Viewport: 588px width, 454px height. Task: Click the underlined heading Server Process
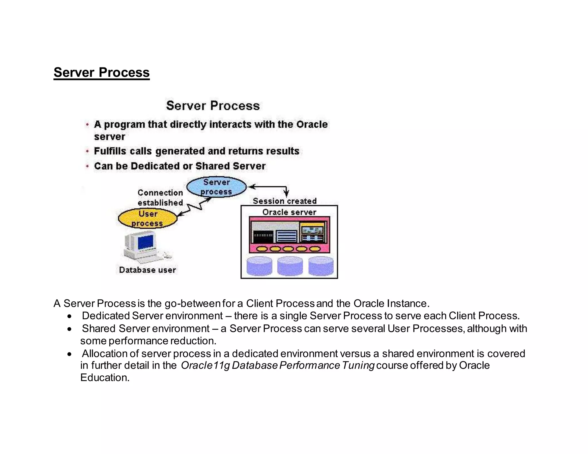(x=101, y=72)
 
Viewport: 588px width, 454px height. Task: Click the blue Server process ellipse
(x=216, y=187)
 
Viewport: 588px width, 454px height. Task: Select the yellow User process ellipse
(x=148, y=218)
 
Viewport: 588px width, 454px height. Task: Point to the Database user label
(x=147, y=270)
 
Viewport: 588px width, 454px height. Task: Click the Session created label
(x=285, y=201)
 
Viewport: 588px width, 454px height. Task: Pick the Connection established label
(x=160, y=198)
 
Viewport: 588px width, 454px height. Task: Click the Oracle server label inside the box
(x=289, y=212)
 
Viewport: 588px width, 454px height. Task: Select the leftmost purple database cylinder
(x=259, y=266)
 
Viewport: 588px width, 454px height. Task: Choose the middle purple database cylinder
(x=290, y=266)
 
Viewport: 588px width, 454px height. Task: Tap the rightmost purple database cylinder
(x=321, y=266)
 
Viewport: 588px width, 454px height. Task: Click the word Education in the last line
(x=105, y=378)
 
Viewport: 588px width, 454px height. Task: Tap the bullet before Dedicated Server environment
(x=69, y=316)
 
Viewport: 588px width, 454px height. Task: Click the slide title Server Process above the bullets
(x=213, y=106)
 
